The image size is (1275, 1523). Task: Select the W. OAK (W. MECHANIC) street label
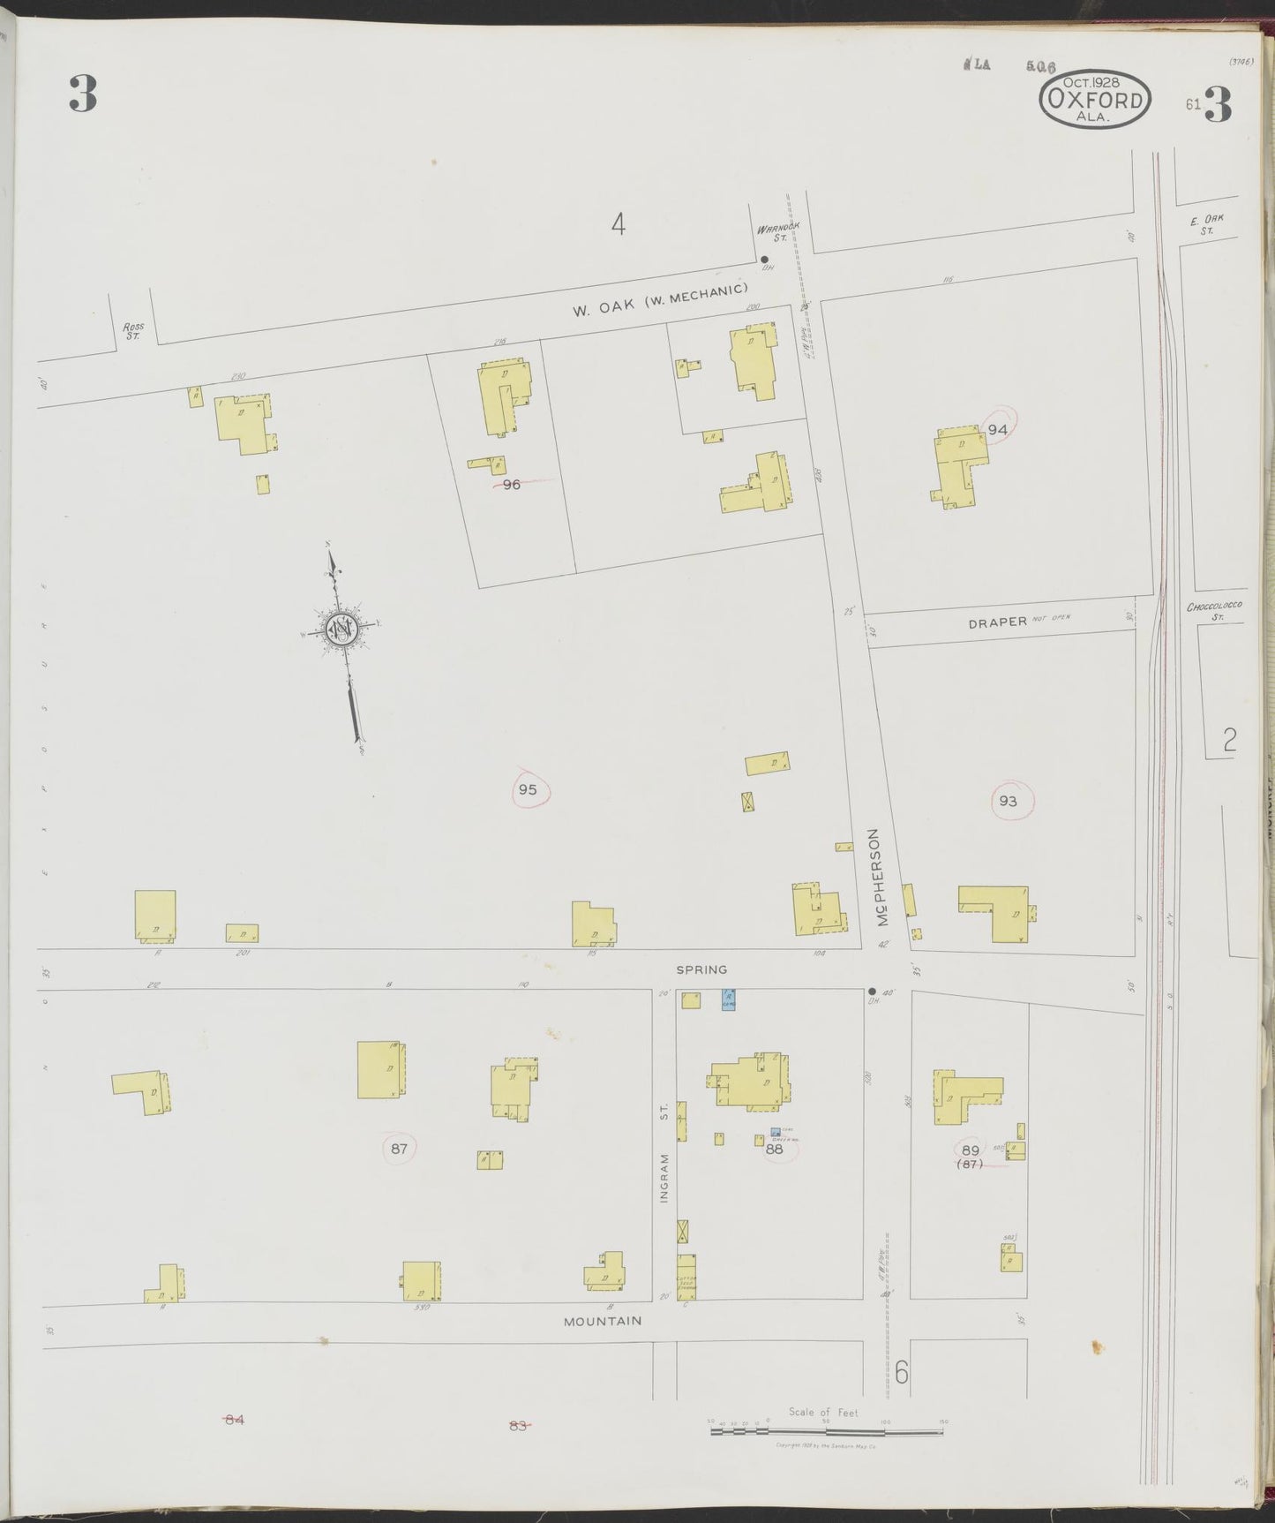pos(660,299)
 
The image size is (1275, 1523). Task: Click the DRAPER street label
pos(997,621)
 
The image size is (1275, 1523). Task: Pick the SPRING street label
pos(701,969)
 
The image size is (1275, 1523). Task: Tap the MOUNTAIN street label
pos(603,1322)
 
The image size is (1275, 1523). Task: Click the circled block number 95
pos(528,788)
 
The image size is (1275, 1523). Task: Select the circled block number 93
pos(1008,801)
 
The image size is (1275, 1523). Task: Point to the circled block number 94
pos(997,429)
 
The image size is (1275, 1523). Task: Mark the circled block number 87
pos(399,1149)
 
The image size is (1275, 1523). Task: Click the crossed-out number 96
pos(512,484)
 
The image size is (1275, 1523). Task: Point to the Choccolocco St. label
pos(1215,611)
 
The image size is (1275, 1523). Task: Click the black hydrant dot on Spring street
pos(872,991)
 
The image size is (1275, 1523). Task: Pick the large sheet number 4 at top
pos(618,225)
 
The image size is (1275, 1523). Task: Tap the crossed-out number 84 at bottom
pos(234,1419)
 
